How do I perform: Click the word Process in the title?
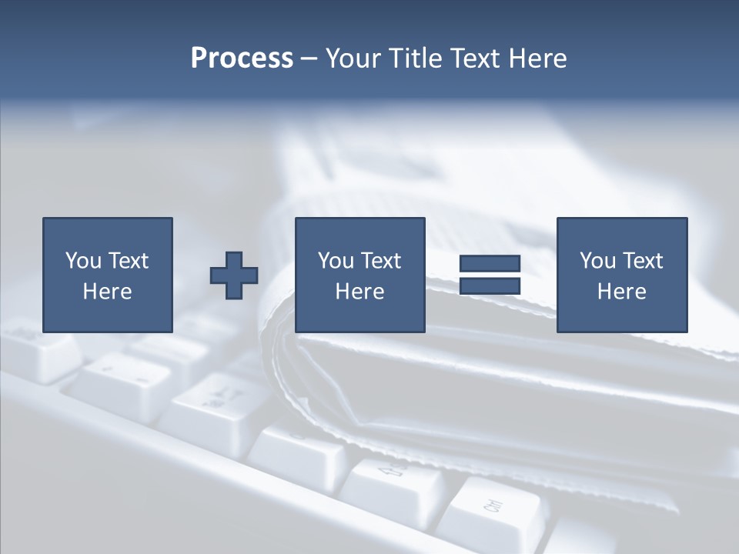pyautogui.click(x=242, y=58)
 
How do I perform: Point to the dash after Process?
pyautogui.click(x=309, y=59)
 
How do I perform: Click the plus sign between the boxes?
pyautogui.click(x=234, y=275)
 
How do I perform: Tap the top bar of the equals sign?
pyautogui.click(x=490, y=264)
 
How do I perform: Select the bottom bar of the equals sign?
pyautogui.click(x=490, y=286)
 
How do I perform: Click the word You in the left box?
pyautogui.click(x=83, y=261)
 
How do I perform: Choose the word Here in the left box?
pyautogui.click(x=107, y=292)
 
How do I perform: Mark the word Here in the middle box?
pyautogui.click(x=359, y=292)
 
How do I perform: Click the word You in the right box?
pyautogui.click(x=597, y=261)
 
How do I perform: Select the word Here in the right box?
pyautogui.click(x=621, y=292)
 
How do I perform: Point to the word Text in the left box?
pyautogui.click(x=128, y=261)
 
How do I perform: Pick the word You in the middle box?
pyautogui.click(x=336, y=261)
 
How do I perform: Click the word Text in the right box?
pyautogui.click(x=642, y=261)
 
